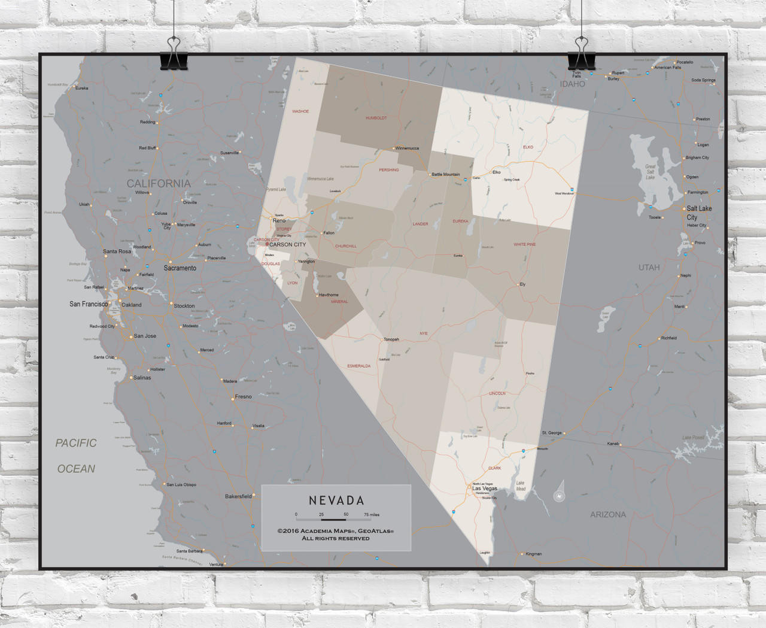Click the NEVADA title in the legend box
(336, 500)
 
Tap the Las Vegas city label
(485, 489)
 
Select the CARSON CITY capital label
(287, 244)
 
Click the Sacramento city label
(180, 268)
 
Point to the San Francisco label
(89, 304)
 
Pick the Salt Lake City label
(698, 213)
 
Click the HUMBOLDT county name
(376, 118)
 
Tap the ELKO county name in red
(528, 147)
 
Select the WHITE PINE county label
(525, 244)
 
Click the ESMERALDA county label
(359, 366)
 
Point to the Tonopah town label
(391, 339)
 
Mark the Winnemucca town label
(408, 148)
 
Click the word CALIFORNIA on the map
(159, 184)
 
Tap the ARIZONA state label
(608, 514)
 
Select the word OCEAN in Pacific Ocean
(76, 469)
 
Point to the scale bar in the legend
(333, 520)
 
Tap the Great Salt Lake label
(651, 172)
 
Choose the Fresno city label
(244, 396)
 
